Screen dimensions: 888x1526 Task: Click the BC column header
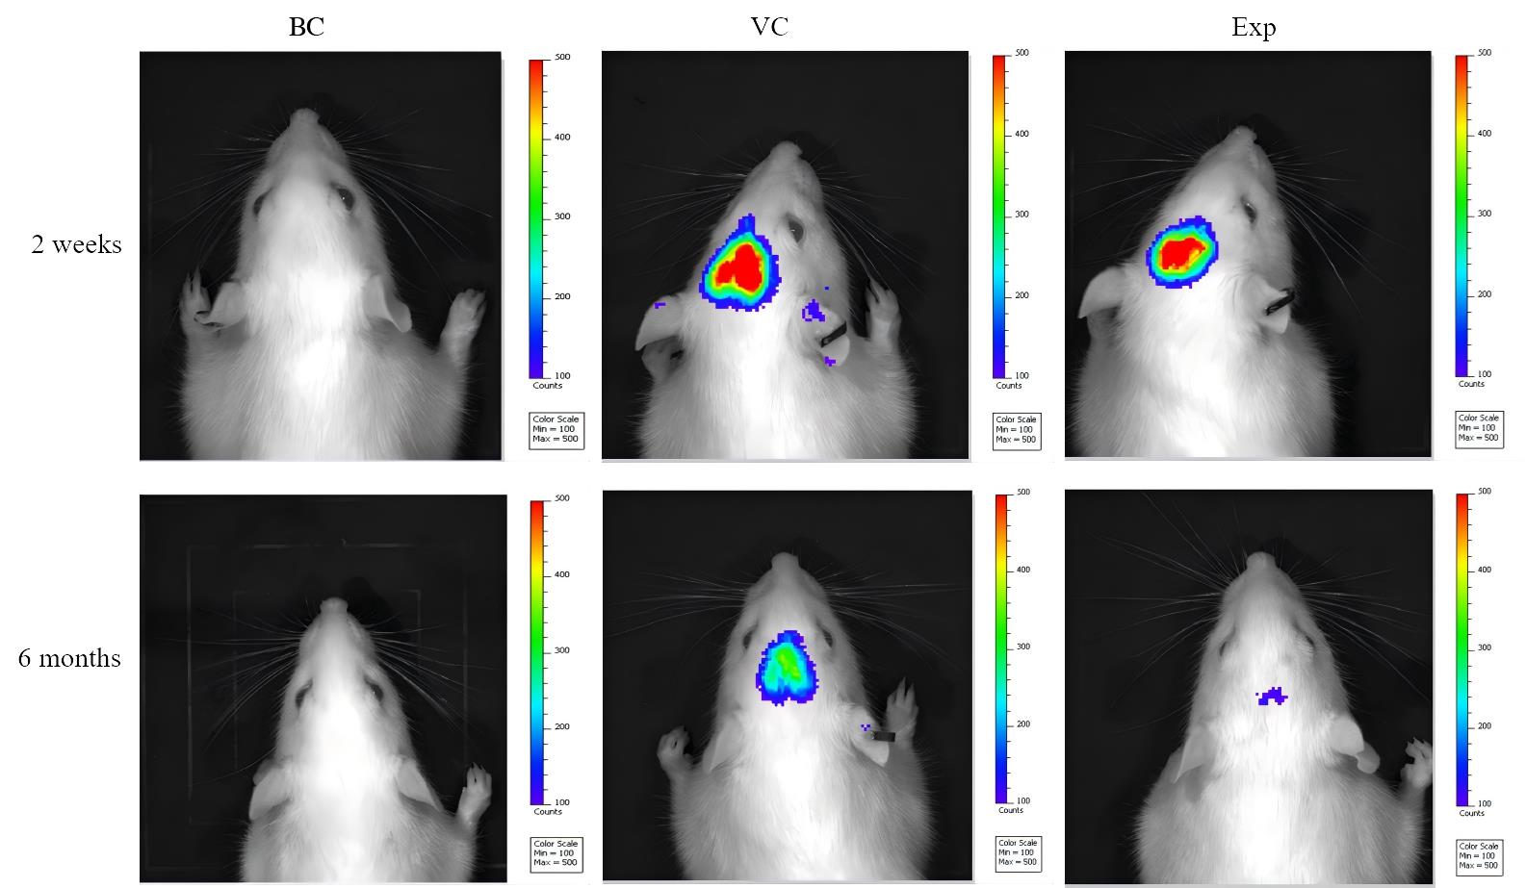point(306,27)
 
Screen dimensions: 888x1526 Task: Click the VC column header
point(769,27)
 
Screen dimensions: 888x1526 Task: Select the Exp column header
point(1254,27)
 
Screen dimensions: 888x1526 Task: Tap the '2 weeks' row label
point(76,244)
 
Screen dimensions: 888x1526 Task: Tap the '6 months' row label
point(69,658)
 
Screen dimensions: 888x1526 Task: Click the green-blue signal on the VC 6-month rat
point(788,665)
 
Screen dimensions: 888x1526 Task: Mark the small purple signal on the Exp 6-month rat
point(1273,695)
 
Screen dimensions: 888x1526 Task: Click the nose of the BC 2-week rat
point(306,116)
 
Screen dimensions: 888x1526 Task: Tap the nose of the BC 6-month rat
point(333,605)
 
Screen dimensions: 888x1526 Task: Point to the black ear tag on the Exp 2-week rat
point(1279,302)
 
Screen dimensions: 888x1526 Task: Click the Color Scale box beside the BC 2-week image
point(556,430)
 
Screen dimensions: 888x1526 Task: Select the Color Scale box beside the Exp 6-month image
point(1480,855)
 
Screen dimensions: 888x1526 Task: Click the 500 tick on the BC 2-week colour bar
point(561,58)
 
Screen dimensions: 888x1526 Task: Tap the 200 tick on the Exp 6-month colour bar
point(1484,726)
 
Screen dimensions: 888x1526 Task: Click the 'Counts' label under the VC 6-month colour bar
point(1011,810)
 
